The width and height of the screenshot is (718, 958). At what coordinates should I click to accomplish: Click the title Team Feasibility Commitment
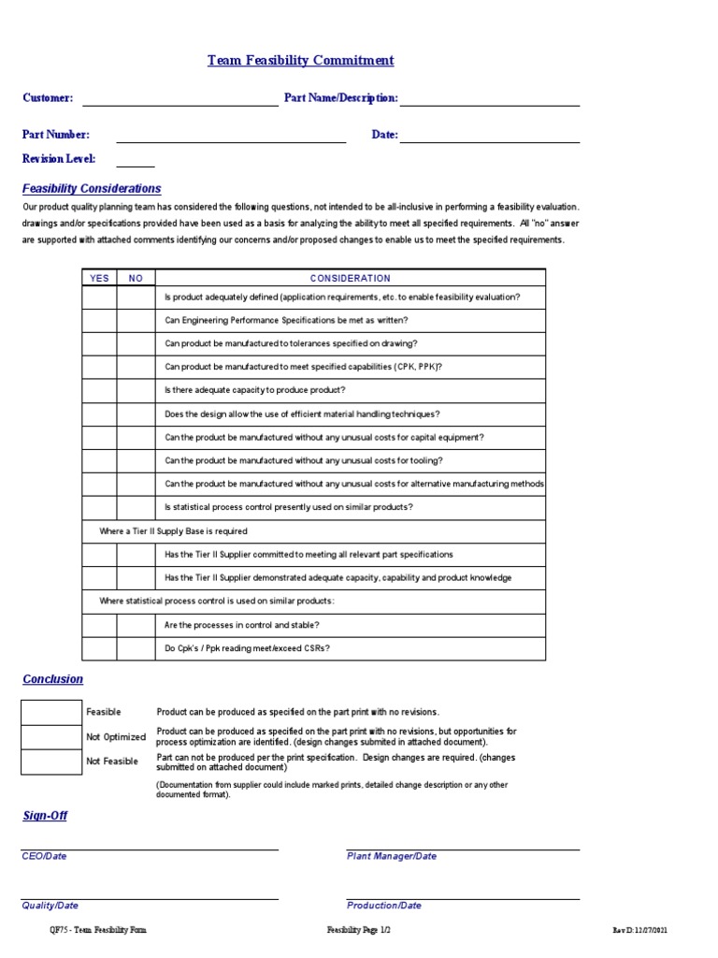[300, 61]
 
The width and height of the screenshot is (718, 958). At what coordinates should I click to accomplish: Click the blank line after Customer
[179, 99]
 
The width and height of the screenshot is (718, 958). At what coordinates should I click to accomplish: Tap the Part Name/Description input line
[489, 99]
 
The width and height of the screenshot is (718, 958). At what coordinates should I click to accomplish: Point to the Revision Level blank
[136, 160]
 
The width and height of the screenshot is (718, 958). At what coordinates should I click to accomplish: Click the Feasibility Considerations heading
[92, 189]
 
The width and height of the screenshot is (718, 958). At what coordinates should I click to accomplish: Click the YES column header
[99, 278]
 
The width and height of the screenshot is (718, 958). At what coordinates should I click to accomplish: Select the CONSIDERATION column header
[350, 278]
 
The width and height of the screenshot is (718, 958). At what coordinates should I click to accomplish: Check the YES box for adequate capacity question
[99, 391]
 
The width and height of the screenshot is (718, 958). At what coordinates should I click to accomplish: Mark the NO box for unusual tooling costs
[136, 461]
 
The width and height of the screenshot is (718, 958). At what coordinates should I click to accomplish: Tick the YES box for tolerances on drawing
[99, 344]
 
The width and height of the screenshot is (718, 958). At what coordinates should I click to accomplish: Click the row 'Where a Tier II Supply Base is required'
[173, 531]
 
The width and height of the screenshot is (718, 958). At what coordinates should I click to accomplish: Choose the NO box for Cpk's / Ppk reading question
[136, 648]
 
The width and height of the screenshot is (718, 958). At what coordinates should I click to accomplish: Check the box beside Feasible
[51, 712]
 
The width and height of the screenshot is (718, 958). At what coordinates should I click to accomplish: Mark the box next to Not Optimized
[51, 737]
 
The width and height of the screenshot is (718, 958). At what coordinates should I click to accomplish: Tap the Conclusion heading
[52, 679]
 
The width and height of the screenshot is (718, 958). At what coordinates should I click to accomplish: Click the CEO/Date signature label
[44, 856]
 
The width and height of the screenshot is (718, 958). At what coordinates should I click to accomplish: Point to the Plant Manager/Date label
[391, 856]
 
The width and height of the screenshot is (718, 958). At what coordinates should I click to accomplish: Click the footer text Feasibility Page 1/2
[358, 930]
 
